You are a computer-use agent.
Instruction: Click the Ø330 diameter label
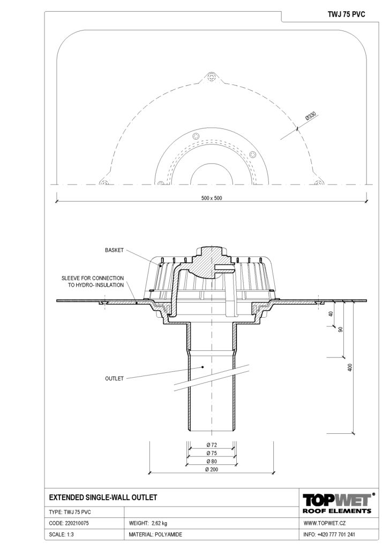point(311,117)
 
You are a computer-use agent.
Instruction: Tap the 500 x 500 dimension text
point(212,198)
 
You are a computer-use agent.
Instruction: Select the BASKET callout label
point(115,250)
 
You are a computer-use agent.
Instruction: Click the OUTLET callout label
point(115,378)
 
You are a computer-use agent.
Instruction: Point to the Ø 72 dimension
point(212,445)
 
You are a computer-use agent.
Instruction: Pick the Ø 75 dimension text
point(212,453)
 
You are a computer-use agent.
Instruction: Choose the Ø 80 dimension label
point(212,461)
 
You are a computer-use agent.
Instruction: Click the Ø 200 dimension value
point(212,470)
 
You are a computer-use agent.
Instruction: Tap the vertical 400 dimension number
point(350,367)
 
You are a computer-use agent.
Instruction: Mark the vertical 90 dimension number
point(340,330)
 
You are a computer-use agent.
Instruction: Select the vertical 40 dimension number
point(331,314)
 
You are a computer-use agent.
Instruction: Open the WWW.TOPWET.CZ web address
point(325,523)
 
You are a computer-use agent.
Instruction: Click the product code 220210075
point(77,523)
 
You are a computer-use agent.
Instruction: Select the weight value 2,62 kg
point(160,523)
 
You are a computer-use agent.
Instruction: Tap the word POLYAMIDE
point(169,534)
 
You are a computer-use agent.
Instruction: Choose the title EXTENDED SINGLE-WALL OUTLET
point(103,498)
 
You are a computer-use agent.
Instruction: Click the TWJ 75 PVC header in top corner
point(347,14)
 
